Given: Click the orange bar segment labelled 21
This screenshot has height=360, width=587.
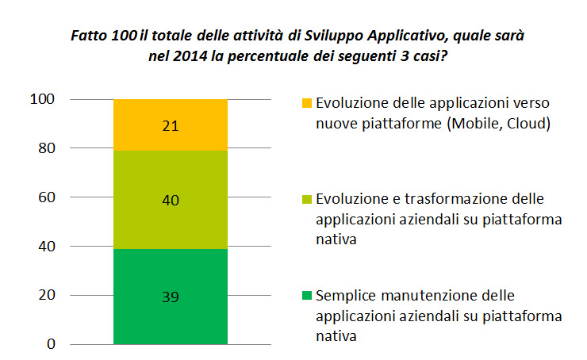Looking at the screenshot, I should [170, 124].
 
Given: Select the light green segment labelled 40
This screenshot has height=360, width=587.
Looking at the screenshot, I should [170, 199].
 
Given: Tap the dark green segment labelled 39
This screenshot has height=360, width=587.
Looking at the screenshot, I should [170, 297].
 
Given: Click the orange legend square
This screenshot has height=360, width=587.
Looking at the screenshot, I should [306, 104].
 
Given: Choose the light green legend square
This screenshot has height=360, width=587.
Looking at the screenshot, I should [306, 199].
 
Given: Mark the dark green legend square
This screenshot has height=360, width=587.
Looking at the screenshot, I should [306, 297].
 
